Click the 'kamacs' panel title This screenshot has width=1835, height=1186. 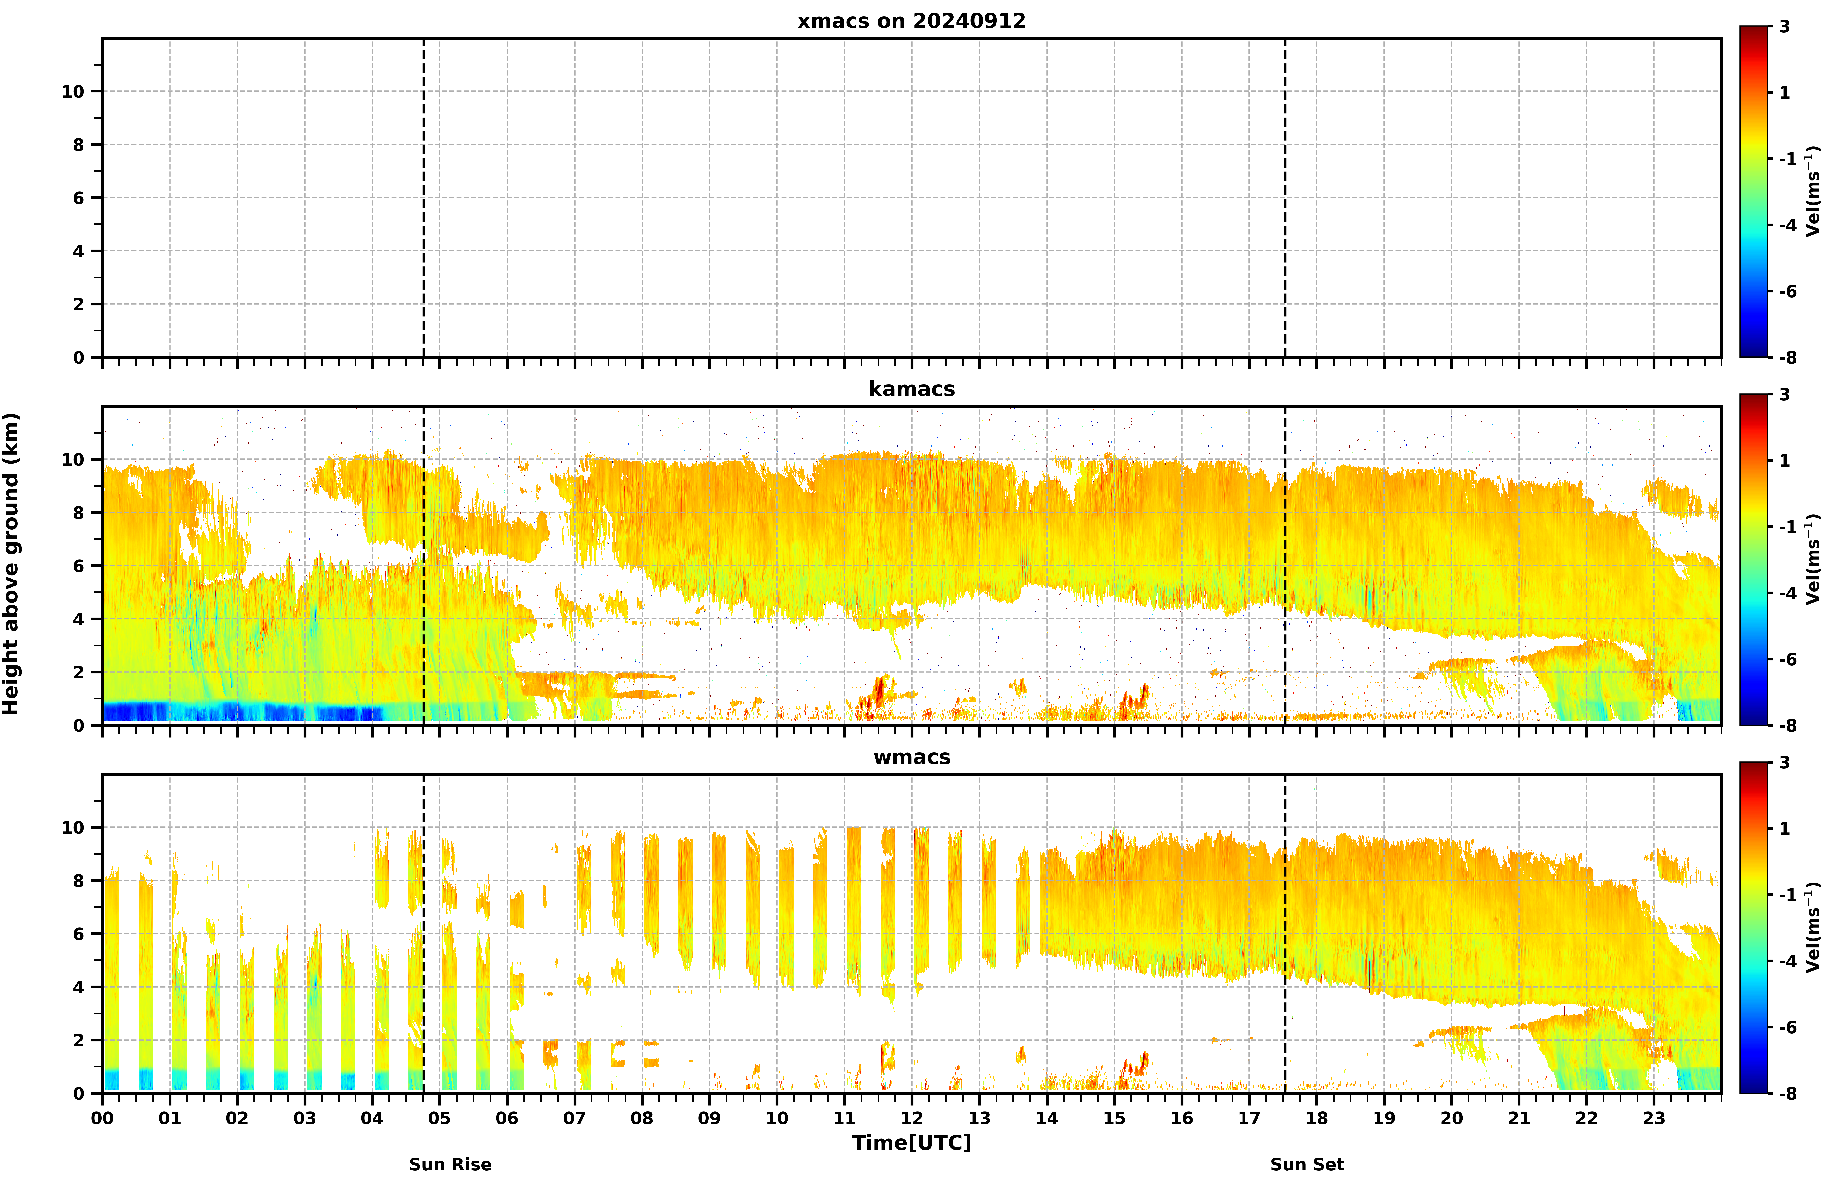point(912,389)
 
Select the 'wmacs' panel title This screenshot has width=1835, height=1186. point(912,757)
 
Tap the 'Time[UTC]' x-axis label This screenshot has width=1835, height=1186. point(912,1143)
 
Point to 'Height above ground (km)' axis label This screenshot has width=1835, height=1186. point(11,564)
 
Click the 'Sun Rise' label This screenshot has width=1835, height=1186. point(450,1164)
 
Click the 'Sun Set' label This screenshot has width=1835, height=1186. point(1308,1164)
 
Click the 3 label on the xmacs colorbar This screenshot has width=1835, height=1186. point(1784,27)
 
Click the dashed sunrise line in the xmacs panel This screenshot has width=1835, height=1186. point(423,197)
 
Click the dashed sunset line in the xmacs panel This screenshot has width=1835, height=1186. point(1284,197)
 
